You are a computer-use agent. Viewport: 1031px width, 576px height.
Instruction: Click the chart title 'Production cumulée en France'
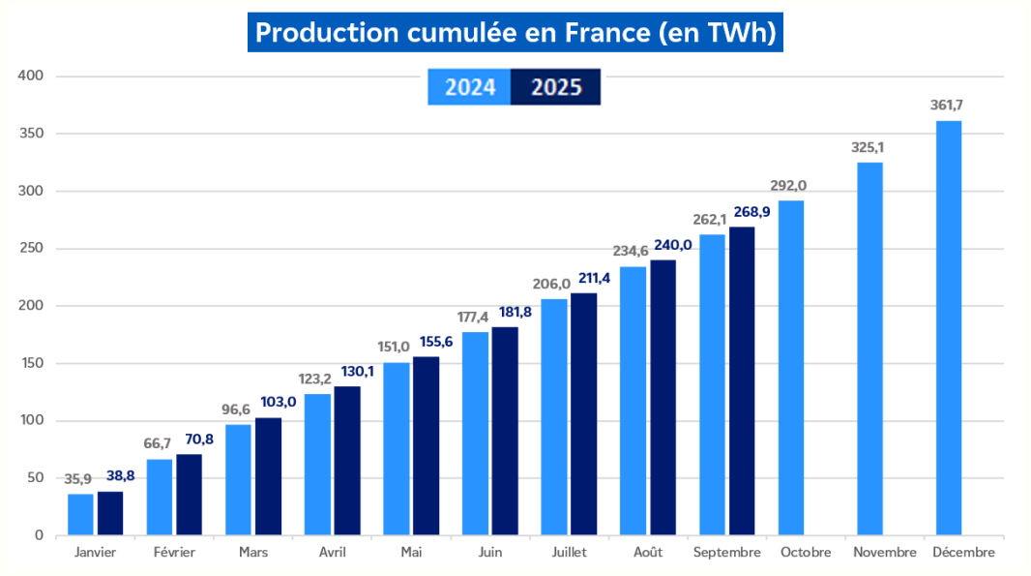515,33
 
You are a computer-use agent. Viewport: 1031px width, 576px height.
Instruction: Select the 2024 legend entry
470,87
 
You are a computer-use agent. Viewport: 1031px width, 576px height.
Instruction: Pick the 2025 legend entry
556,87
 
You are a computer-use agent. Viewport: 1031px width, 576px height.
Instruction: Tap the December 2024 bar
949,329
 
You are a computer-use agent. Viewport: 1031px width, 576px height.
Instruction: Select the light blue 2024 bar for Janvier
80,514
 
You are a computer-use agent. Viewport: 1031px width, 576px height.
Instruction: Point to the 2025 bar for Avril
347,461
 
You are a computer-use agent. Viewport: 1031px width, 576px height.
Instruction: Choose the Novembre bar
869,349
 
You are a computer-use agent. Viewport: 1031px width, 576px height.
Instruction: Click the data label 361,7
949,105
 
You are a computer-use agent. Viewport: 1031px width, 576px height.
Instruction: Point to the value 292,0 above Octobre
790,185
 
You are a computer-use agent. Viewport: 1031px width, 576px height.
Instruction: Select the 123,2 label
316,379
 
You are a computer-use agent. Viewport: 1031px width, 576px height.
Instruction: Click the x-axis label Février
174,553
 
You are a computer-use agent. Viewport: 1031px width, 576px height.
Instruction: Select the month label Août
647,553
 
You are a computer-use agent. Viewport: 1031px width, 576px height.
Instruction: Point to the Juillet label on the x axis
569,553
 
